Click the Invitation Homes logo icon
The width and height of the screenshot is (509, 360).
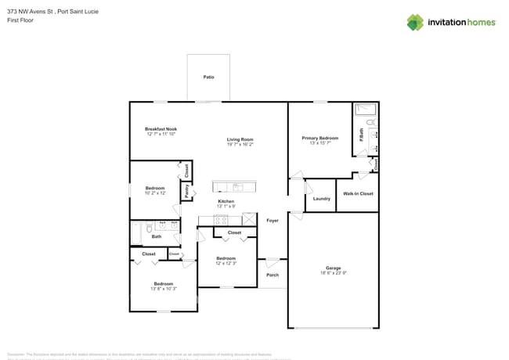pyautogui.click(x=415, y=23)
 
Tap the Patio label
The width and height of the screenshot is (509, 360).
pyautogui.click(x=208, y=78)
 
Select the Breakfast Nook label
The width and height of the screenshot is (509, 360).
pyautogui.click(x=161, y=129)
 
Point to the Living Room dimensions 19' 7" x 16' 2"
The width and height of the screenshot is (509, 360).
pyautogui.click(x=240, y=145)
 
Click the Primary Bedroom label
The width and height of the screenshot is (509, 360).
pyautogui.click(x=319, y=138)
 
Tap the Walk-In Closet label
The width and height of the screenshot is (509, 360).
pyautogui.click(x=358, y=193)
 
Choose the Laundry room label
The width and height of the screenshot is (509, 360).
pyautogui.click(x=321, y=199)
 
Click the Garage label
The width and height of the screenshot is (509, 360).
pyautogui.click(x=334, y=268)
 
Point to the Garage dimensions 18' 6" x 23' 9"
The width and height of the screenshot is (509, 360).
pyautogui.click(x=334, y=274)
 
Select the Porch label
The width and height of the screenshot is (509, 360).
pyautogui.click(x=273, y=275)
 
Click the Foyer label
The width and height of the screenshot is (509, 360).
pyautogui.click(x=273, y=221)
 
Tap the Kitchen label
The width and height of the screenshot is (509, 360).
pyautogui.click(x=226, y=201)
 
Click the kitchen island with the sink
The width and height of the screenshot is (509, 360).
pyautogui.click(x=233, y=187)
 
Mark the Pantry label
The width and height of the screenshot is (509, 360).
pyautogui.click(x=186, y=189)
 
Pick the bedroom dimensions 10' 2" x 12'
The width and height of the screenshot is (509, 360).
pyautogui.click(x=155, y=193)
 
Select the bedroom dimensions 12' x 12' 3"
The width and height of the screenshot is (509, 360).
pyautogui.click(x=226, y=264)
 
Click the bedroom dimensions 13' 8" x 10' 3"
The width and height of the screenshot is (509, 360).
pyautogui.click(x=163, y=289)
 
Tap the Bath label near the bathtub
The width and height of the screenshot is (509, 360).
pyautogui.click(x=157, y=236)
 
